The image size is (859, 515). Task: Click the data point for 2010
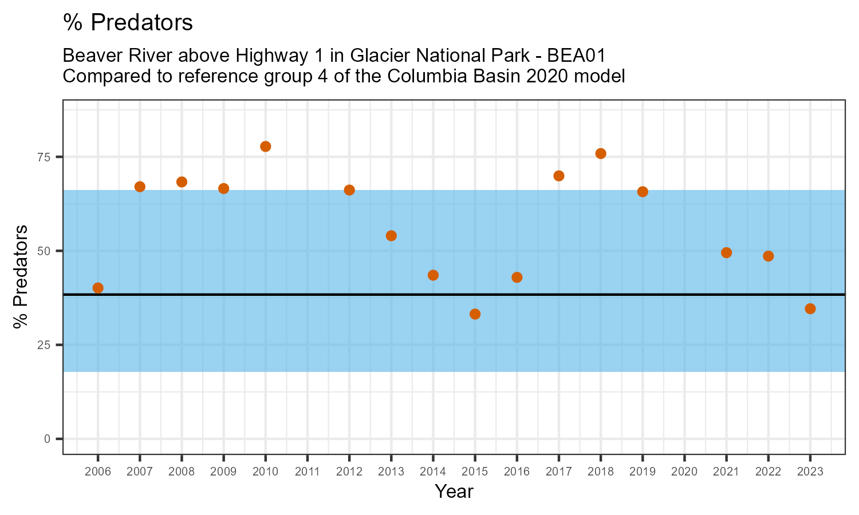[266, 146]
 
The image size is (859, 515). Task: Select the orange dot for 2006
[98, 288]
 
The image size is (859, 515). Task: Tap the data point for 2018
[601, 153]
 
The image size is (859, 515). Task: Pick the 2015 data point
[475, 314]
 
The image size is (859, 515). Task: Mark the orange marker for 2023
[810, 309]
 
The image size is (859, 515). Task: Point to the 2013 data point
[391, 236]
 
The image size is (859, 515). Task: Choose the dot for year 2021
[726, 253]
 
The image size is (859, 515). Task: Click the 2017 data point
[559, 176]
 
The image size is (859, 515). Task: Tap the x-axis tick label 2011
[308, 472]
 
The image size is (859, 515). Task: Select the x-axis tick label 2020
[684, 472]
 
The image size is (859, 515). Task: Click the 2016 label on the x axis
[517, 472]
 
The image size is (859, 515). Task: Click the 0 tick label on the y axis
[48, 439]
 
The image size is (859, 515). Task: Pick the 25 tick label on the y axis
[45, 345]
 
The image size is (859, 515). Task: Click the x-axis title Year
[454, 492]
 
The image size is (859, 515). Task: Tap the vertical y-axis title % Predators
[21, 277]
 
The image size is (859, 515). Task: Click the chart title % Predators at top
[128, 23]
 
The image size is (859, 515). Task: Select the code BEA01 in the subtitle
[577, 56]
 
